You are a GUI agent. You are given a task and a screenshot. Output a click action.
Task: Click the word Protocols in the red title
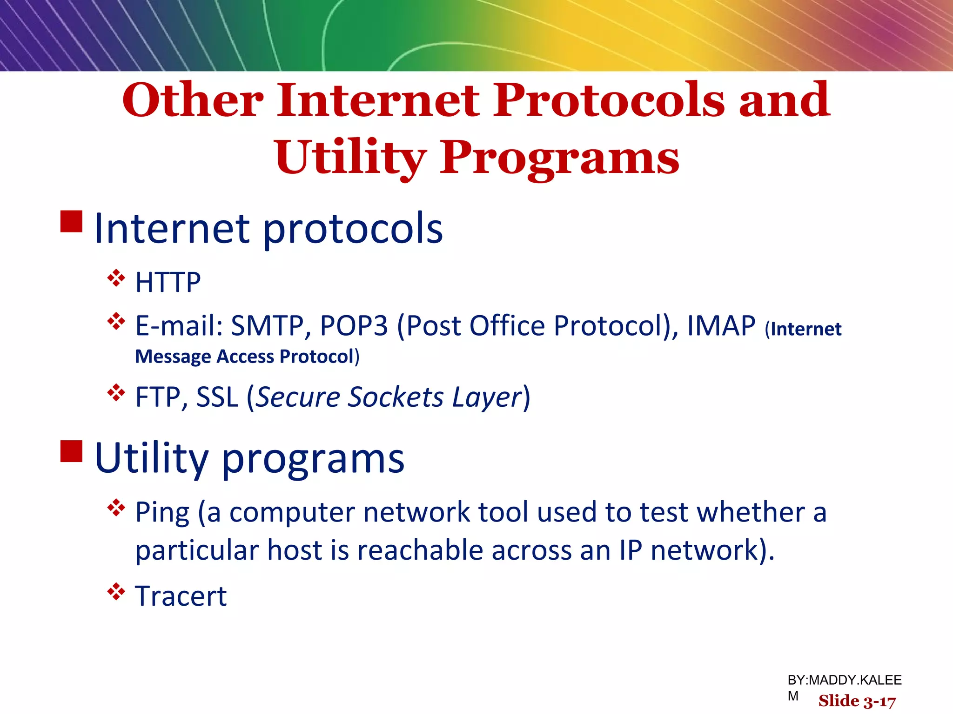click(x=609, y=100)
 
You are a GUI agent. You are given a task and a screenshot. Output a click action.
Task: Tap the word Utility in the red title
click(x=350, y=158)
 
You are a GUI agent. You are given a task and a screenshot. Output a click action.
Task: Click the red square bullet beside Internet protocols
click(x=71, y=222)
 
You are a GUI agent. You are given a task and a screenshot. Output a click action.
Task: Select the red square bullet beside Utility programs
click(x=71, y=451)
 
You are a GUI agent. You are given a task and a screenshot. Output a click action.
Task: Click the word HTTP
click(x=168, y=282)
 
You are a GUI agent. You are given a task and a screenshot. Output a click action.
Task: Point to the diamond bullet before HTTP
click(x=116, y=278)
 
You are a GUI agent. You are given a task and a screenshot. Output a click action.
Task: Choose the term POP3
click(x=354, y=325)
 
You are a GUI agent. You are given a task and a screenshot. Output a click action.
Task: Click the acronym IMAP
click(x=721, y=325)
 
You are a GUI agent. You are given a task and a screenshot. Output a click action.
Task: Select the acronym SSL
click(x=217, y=397)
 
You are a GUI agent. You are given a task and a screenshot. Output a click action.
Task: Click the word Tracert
click(x=181, y=596)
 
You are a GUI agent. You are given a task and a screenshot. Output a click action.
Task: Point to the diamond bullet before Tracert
click(x=116, y=592)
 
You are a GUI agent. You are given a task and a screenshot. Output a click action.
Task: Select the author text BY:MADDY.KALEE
click(x=844, y=680)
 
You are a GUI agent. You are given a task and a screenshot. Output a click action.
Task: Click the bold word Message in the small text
click(x=173, y=357)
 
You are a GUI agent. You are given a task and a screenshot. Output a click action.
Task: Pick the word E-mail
click(x=179, y=325)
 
